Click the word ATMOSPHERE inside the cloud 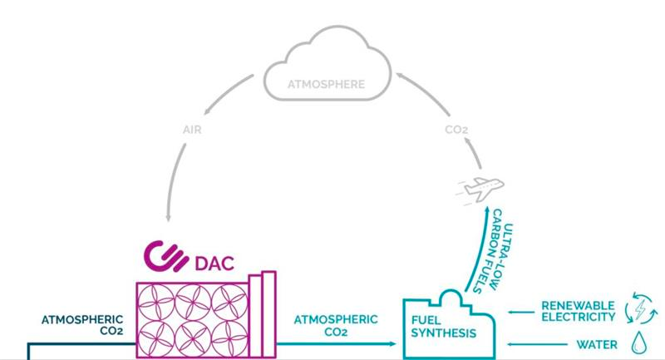point(326,84)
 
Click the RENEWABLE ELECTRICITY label point(579,310)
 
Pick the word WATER point(597,343)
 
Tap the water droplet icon point(639,343)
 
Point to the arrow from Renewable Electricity point(520,311)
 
